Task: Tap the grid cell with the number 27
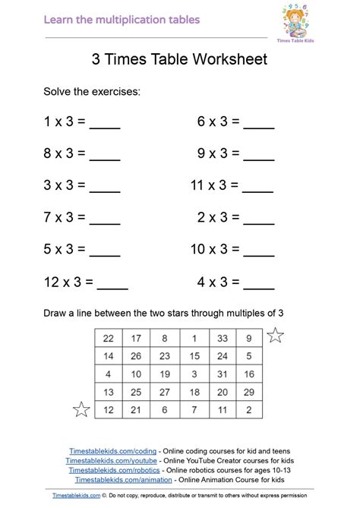165,392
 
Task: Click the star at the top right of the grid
275,335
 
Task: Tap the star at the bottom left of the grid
81,410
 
